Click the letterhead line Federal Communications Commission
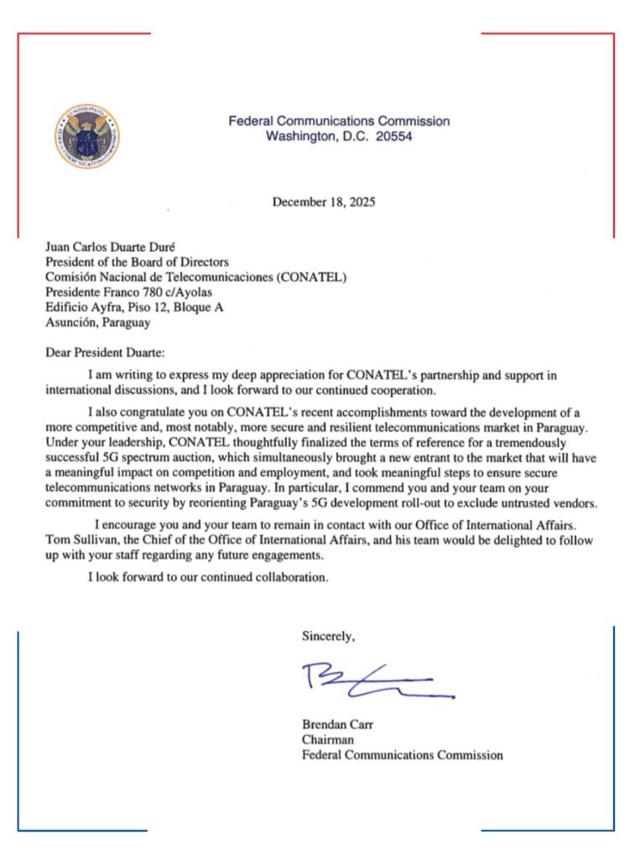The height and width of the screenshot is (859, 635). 339,121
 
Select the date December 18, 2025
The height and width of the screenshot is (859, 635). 324,202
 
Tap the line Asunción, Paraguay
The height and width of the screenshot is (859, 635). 97,322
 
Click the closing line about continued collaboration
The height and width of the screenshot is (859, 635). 208,577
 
